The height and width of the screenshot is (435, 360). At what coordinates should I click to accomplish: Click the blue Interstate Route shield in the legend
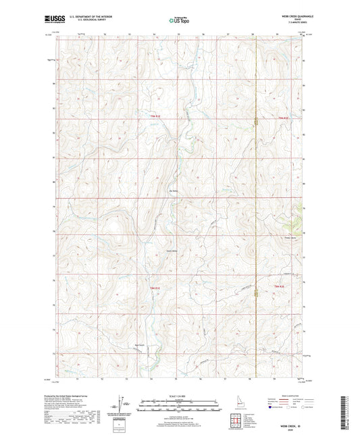(272, 408)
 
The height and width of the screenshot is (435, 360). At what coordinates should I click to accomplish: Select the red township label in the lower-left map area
(155, 288)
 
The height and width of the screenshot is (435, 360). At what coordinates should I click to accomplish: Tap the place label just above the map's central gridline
(173, 191)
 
